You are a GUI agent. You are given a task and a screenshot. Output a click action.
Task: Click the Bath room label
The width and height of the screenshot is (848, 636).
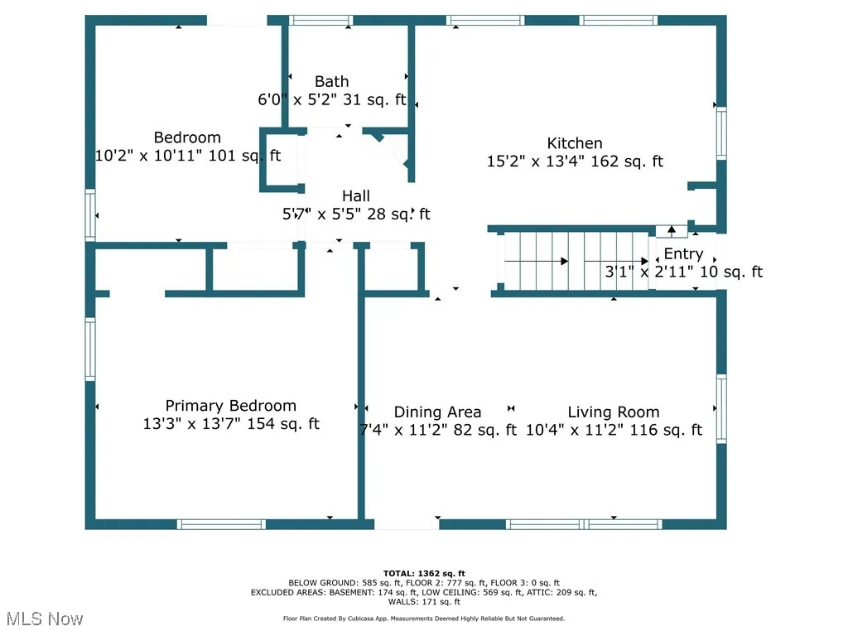331,82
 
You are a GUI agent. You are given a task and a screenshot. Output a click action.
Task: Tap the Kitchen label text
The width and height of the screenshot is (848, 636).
575,143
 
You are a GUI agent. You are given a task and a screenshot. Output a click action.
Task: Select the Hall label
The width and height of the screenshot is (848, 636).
356,195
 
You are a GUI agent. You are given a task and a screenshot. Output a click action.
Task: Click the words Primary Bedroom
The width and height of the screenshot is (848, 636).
230,406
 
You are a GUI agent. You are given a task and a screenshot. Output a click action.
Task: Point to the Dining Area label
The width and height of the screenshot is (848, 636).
437,412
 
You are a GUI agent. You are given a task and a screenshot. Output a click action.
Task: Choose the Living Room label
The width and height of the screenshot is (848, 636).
614,412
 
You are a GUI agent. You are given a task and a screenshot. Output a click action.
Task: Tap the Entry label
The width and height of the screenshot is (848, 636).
683,253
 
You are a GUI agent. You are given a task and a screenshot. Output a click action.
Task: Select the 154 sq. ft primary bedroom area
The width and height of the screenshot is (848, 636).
283,423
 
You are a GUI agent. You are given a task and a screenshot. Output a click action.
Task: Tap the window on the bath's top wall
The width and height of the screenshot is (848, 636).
320,21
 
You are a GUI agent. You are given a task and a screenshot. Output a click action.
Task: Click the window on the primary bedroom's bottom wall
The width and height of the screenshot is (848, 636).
221,524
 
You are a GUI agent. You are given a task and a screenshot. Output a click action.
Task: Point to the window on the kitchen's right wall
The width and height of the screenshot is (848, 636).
721,133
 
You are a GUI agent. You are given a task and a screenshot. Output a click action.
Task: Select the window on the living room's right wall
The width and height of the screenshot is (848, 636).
721,409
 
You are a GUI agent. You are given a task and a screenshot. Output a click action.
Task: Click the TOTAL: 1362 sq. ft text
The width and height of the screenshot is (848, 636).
424,573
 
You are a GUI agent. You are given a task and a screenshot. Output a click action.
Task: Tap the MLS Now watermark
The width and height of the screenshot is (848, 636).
45,619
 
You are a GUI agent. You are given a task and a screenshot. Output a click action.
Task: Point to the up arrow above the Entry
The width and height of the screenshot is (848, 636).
671,230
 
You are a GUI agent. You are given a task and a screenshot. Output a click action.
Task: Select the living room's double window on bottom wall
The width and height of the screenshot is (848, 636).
584,524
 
